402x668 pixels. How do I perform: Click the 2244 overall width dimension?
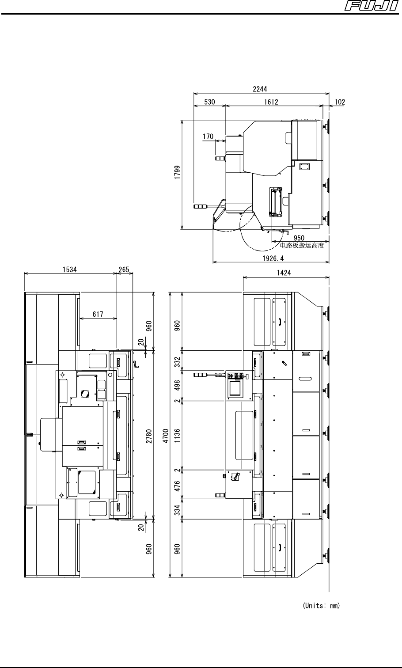[x=260, y=89]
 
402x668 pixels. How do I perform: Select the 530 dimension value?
[x=209, y=102]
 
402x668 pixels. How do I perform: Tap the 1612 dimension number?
[x=271, y=102]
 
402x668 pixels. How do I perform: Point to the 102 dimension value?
[x=340, y=102]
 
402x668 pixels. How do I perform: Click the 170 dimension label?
[x=208, y=137]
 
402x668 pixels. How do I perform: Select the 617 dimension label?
[x=98, y=314]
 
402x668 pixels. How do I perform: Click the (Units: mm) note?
[x=321, y=605]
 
